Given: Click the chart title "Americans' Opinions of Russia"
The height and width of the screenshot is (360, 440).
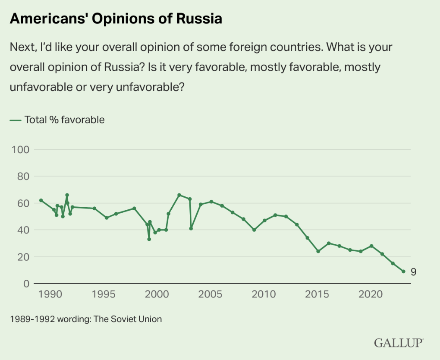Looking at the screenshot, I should pyautogui.click(x=116, y=19).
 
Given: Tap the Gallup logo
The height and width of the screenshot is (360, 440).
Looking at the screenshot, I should pyautogui.click(x=399, y=343).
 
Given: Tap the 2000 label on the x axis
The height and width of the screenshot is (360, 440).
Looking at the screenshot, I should pyautogui.click(x=156, y=294).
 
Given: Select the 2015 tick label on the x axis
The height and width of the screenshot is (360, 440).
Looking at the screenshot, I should pyautogui.click(x=317, y=294).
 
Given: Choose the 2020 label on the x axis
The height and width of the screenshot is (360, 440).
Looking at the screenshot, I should pyautogui.click(x=371, y=294).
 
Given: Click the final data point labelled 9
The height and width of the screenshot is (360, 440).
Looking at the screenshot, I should pyautogui.click(x=403, y=272).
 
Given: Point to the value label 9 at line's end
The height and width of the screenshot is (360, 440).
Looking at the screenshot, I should pyautogui.click(x=413, y=272).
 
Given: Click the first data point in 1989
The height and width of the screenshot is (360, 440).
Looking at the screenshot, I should pyautogui.click(x=41, y=200).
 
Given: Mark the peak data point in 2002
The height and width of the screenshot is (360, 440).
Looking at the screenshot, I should pyautogui.click(x=179, y=195).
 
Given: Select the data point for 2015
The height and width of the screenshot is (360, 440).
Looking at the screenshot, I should pyautogui.click(x=318, y=251).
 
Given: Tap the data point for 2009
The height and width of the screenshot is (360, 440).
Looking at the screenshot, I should pyautogui.click(x=254, y=230).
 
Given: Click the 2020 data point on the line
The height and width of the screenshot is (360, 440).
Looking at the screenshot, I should pyautogui.click(x=371, y=246).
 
